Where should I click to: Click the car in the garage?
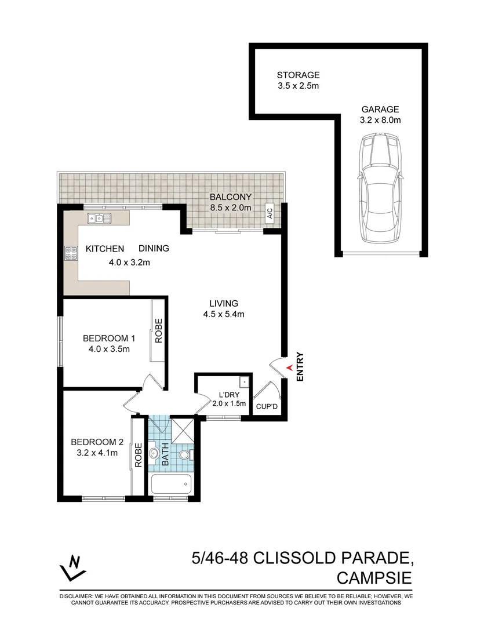380,190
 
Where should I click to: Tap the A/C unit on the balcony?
270,213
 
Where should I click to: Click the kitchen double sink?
99,219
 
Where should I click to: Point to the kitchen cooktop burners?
71,253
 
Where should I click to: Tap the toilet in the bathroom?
185,456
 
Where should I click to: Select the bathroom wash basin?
154,453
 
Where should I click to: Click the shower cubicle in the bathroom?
185,430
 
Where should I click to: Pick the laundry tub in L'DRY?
245,383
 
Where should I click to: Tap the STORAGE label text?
298,75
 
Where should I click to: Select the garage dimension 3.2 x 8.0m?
380,121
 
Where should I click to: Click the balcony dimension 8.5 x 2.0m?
230,208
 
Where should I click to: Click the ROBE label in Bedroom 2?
138,456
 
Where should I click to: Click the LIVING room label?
224,303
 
